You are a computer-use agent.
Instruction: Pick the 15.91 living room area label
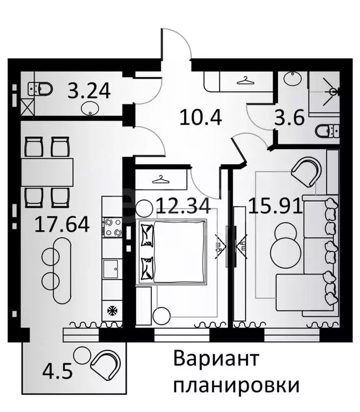(x=274, y=205)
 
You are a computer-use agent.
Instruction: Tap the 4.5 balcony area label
(x=56, y=370)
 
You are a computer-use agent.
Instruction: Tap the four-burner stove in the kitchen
(x=113, y=227)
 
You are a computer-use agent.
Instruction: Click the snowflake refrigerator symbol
(x=113, y=311)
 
